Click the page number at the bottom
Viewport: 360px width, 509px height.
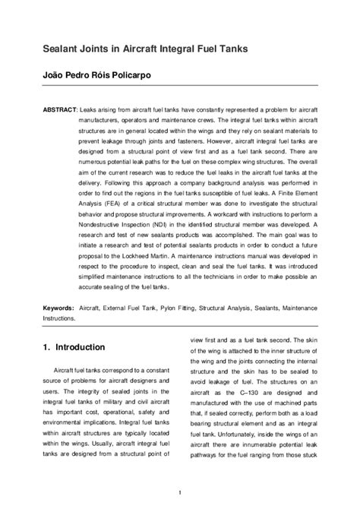click(x=179, y=492)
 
